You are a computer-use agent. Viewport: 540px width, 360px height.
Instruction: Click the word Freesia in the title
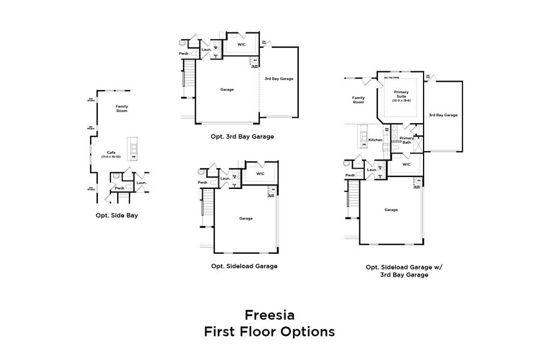[269, 314]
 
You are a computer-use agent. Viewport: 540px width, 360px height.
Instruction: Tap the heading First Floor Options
[269, 331]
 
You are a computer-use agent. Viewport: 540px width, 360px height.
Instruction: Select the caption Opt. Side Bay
[116, 214]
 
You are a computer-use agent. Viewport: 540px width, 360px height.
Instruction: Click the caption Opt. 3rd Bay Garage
[242, 136]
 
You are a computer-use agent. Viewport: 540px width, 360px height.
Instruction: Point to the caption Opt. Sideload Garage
[244, 266]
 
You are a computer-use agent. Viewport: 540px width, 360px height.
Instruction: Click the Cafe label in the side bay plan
[111, 154]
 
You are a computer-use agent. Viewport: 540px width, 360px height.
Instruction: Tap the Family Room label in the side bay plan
[122, 109]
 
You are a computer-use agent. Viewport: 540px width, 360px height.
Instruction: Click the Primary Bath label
[406, 140]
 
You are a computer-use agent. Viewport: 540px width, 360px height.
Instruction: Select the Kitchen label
[376, 140]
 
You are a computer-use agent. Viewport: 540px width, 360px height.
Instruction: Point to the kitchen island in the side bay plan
[133, 148]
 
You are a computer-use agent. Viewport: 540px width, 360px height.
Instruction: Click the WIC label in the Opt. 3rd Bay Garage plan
[241, 44]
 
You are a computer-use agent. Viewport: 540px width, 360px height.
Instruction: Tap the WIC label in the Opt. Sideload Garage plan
[260, 174]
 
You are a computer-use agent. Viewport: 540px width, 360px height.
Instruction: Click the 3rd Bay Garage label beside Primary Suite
[443, 115]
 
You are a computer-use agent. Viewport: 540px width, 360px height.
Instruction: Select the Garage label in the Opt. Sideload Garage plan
[245, 218]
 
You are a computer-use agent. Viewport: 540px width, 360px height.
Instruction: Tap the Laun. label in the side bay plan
[141, 182]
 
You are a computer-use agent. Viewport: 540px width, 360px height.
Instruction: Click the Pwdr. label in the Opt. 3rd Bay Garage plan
[184, 54]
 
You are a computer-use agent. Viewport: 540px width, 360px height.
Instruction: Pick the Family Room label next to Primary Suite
[358, 100]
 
